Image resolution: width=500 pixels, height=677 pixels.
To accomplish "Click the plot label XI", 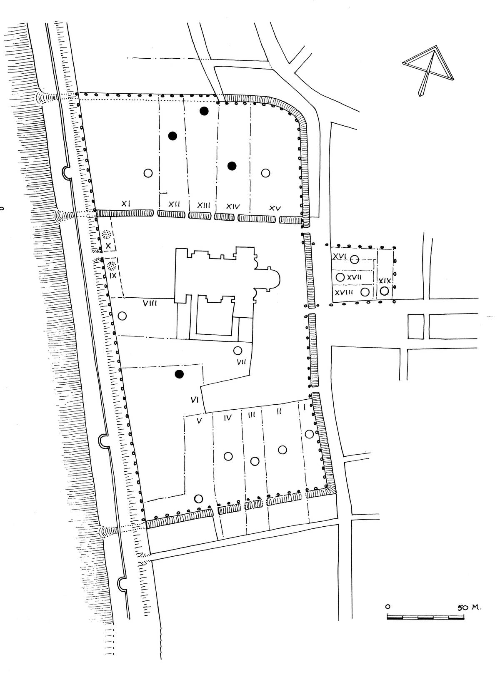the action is pyautogui.click(x=126, y=204).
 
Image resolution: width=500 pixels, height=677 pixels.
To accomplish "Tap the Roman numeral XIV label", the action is pyautogui.click(x=233, y=207).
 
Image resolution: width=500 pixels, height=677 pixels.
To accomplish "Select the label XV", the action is pyautogui.click(x=275, y=208).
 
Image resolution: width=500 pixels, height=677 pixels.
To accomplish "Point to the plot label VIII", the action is pyautogui.click(x=150, y=304).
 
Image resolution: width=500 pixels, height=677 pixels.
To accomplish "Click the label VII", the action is pyautogui.click(x=241, y=362).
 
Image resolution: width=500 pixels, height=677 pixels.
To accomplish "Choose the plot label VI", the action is pyautogui.click(x=195, y=400).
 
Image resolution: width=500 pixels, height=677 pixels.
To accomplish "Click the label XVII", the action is pyautogui.click(x=354, y=277).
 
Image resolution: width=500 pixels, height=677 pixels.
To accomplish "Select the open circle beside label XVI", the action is pyautogui.click(x=354, y=260).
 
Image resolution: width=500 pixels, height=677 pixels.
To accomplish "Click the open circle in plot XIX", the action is pyautogui.click(x=384, y=291).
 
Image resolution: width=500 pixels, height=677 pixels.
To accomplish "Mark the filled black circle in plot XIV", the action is pyautogui.click(x=232, y=166).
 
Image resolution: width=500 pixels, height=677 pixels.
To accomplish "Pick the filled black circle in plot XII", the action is pyautogui.click(x=172, y=136).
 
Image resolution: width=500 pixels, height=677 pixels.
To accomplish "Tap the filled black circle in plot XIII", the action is pyautogui.click(x=204, y=111).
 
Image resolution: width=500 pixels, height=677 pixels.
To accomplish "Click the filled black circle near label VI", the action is pyautogui.click(x=179, y=374).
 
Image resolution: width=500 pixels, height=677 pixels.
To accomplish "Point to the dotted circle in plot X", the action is pyautogui.click(x=106, y=234).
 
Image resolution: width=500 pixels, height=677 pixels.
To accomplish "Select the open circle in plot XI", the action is pyautogui.click(x=148, y=173).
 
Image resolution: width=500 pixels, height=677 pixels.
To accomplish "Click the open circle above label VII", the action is pyautogui.click(x=237, y=351).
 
